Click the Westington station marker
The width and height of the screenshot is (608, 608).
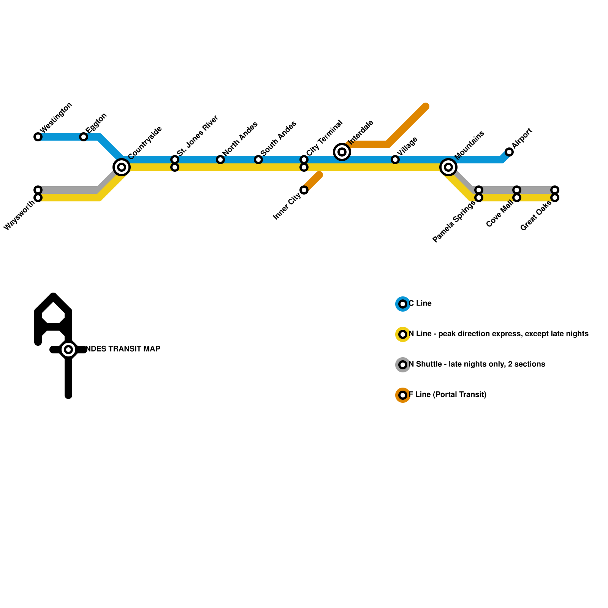(38, 137)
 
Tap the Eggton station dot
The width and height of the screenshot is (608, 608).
(84, 137)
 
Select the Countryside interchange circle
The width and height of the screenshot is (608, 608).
(122, 167)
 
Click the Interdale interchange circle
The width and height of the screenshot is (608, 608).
(342, 152)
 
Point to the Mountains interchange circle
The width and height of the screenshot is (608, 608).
(448, 167)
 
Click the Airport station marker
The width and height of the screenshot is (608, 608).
(509, 152)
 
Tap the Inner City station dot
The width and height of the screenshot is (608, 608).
(304, 190)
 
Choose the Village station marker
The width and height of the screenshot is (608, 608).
(395, 160)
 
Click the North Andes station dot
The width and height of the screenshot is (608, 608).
(220, 160)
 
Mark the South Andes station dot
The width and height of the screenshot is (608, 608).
(258, 160)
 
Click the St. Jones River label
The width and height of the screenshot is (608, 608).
(198, 135)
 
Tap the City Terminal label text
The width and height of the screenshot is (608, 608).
(324, 138)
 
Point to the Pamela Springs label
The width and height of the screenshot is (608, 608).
(454, 222)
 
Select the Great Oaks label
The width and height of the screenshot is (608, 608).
(536, 216)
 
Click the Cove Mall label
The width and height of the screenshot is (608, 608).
(500, 215)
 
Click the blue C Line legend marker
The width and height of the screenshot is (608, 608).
(403, 304)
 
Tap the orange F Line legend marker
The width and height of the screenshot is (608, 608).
(403, 395)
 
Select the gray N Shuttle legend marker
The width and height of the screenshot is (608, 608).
(403, 365)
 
